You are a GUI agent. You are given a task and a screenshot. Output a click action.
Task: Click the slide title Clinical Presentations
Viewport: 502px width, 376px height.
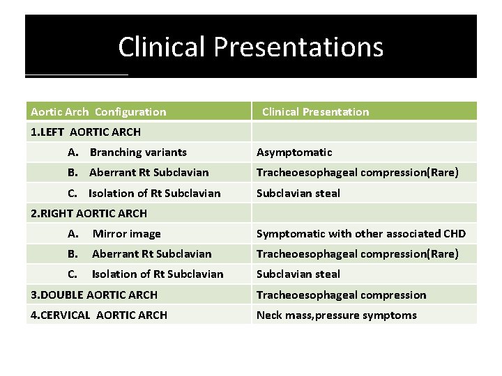pyautogui.click(x=250, y=47)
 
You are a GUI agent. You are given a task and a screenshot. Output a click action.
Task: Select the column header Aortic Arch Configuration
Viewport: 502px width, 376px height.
pyautogui.click(x=98, y=111)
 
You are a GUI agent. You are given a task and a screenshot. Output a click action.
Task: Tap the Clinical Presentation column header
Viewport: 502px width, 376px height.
pyautogui.click(x=315, y=111)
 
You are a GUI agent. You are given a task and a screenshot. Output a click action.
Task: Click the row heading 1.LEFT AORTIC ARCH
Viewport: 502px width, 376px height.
pyautogui.click(x=86, y=132)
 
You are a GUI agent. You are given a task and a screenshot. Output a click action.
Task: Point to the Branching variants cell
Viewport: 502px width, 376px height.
pyautogui.click(x=138, y=152)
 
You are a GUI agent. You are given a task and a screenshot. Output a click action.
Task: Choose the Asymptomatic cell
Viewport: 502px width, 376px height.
pyautogui.click(x=294, y=152)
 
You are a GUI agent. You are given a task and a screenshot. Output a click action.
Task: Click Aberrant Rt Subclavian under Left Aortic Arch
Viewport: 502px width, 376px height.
pyautogui.click(x=149, y=172)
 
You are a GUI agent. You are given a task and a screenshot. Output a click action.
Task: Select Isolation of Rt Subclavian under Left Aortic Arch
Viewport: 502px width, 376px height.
pyautogui.click(x=154, y=193)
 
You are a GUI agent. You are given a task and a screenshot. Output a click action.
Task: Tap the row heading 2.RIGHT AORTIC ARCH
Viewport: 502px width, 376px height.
pyautogui.click(x=89, y=213)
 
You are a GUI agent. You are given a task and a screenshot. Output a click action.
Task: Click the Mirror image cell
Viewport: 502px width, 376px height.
pyautogui.click(x=126, y=234)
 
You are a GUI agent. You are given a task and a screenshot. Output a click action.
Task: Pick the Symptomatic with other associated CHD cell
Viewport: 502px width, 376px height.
pyautogui.click(x=361, y=234)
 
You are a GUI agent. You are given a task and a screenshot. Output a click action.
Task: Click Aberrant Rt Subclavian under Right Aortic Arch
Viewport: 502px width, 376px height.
pyautogui.click(x=151, y=254)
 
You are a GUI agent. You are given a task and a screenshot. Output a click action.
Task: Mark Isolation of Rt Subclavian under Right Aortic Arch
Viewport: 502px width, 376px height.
pyautogui.click(x=158, y=274)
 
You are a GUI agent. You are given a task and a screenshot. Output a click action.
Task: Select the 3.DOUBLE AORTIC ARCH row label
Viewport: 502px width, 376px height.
pyautogui.click(x=94, y=295)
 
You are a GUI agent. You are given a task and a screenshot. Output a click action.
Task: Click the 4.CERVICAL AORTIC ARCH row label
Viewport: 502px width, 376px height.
pyautogui.click(x=99, y=315)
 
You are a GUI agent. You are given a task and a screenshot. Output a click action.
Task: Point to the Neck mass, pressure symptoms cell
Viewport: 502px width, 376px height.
pyautogui.click(x=336, y=315)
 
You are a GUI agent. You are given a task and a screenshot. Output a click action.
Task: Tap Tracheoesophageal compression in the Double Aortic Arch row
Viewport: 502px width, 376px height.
pyautogui.click(x=341, y=295)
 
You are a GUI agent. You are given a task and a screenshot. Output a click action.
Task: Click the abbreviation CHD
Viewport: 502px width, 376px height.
pyautogui.click(x=453, y=234)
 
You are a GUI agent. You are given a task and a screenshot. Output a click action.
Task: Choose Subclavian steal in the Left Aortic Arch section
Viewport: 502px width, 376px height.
pyautogui.click(x=298, y=193)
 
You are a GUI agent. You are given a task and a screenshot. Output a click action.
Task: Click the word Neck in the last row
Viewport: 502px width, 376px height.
pyautogui.click(x=270, y=315)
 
